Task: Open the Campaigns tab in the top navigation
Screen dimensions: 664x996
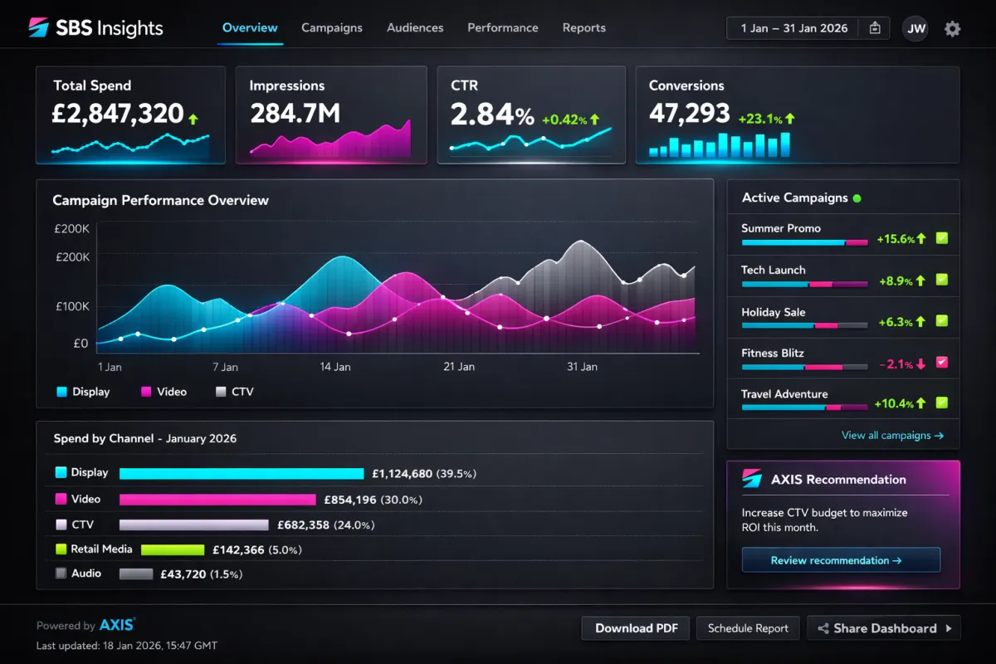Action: click(x=331, y=27)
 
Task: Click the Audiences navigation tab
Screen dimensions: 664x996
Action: click(x=414, y=27)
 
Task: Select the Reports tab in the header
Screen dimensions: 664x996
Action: click(x=583, y=27)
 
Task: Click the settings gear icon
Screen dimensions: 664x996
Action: click(x=952, y=29)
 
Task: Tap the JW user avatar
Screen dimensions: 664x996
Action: click(x=915, y=28)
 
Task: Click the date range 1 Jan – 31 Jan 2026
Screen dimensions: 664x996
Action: click(x=793, y=28)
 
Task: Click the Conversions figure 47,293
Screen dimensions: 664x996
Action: click(x=689, y=114)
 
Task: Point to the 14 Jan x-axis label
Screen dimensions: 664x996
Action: click(x=335, y=367)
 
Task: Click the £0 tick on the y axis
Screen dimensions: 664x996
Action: click(x=81, y=343)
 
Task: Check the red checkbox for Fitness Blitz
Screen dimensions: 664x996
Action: click(x=941, y=363)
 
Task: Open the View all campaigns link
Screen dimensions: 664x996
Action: click(x=892, y=435)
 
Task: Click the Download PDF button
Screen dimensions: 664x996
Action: click(x=635, y=628)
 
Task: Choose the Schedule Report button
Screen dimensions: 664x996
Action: click(x=748, y=628)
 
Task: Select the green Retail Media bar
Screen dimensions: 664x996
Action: click(x=173, y=549)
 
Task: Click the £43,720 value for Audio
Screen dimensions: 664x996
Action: click(x=183, y=574)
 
